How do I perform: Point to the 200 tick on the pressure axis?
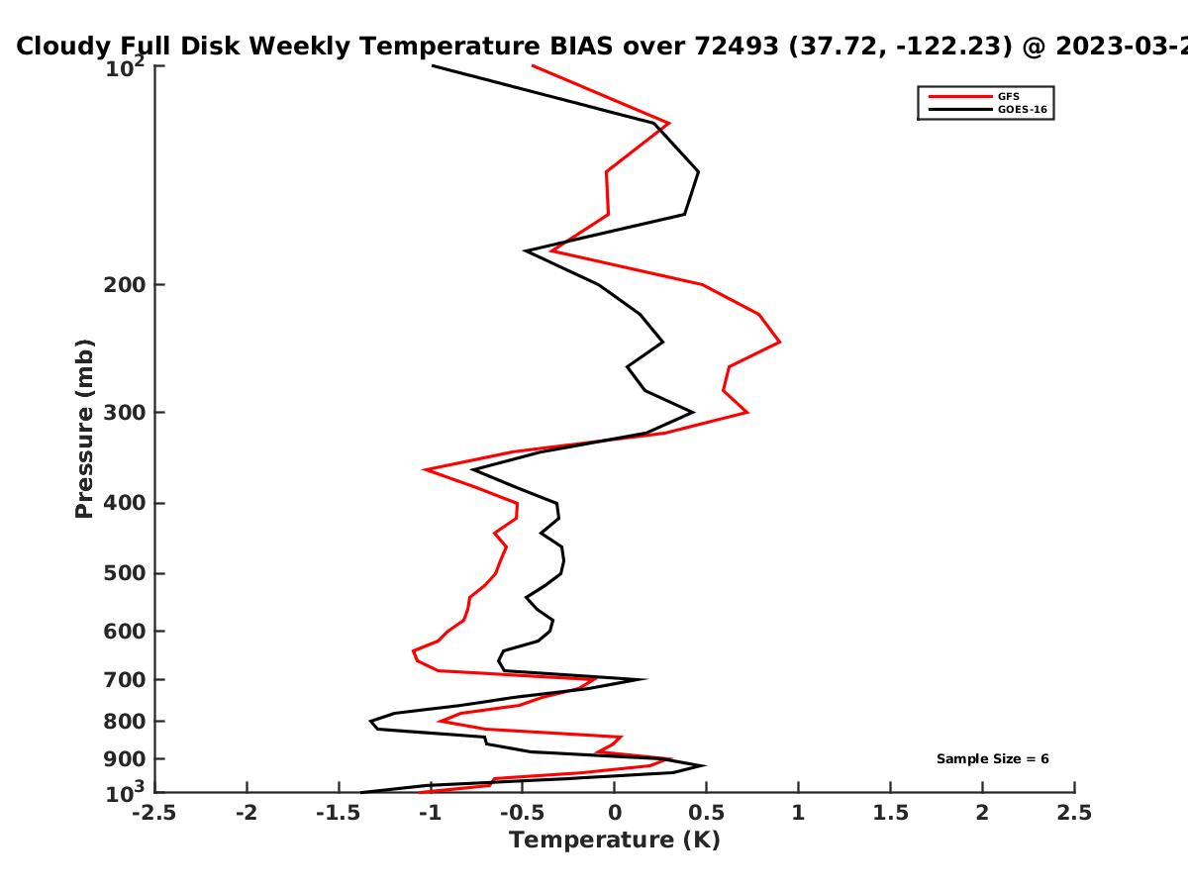(125, 284)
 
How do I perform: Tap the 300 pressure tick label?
(125, 412)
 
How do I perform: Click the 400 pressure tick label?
(125, 503)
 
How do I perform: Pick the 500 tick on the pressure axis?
(125, 573)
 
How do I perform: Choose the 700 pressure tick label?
(125, 679)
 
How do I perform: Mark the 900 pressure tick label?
(125, 759)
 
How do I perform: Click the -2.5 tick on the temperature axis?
(154, 813)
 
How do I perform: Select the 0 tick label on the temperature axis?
(615, 813)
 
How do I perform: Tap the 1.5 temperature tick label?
(890, 813)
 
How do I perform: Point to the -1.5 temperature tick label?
(339, 813)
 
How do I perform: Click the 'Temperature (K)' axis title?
(615, 841)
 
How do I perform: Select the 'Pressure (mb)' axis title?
(84, 429)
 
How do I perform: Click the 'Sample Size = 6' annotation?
(993, 759)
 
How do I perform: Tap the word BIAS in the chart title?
(581, 47)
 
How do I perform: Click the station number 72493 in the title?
(737, 47)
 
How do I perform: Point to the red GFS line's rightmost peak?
(779, 342)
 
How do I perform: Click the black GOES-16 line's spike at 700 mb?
(644, 679)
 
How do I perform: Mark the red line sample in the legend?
(960, 96)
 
